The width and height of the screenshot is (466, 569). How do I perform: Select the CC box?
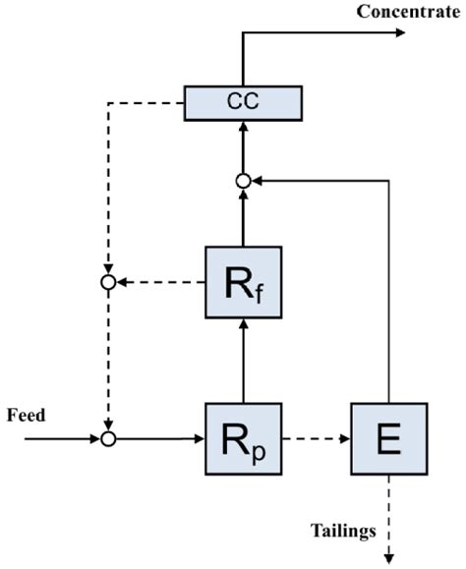242,102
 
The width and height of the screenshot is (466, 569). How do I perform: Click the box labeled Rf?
242,282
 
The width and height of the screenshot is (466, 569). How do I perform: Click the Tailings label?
344,532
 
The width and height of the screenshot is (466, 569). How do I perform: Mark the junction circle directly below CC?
242,180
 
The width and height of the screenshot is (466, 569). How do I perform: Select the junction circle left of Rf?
108,282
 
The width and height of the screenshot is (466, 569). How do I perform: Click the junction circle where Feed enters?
108,438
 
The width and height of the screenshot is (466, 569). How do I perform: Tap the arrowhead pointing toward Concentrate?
397,32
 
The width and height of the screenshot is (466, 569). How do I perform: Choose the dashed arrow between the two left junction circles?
108,360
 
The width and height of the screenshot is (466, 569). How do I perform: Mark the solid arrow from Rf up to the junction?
242,216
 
